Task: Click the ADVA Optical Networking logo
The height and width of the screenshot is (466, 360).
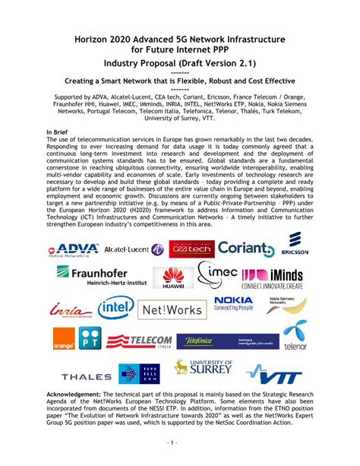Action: click(74, 250)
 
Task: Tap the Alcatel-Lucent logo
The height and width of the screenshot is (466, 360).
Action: click(134, 249)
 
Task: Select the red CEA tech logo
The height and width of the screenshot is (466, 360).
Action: click(190, 249)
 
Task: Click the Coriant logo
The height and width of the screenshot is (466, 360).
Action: click(245, 249)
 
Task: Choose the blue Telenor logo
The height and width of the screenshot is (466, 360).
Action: click(296, 339)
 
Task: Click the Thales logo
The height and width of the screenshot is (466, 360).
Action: click(87, 376)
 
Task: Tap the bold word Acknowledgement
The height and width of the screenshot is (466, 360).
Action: click(77, 397)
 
